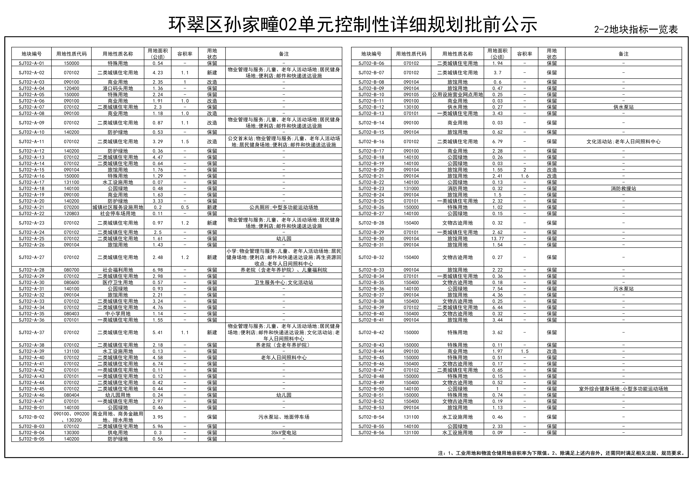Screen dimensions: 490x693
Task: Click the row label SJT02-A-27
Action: point(31,257)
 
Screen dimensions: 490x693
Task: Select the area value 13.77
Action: point(497,239)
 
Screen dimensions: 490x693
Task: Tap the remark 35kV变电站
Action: point(284,433)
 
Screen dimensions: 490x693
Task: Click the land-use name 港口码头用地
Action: point(118,88)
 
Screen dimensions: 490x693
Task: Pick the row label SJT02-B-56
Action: point(371,433)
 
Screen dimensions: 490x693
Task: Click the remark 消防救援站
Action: point(623,189)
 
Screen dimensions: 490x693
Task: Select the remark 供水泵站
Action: point(623,107)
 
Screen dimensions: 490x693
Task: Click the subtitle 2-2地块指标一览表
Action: point(636,30)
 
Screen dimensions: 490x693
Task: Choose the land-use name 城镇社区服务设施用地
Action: point(118,207)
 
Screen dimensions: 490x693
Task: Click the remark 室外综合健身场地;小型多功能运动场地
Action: point(623,389)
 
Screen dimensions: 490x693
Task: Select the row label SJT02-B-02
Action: point(31,417)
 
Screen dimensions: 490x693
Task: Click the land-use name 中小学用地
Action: point(118,314)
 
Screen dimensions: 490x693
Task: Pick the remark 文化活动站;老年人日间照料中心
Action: point(623,142)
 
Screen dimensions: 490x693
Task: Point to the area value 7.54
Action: point(497,289)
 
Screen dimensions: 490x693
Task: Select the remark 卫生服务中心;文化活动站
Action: point(284,282)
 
